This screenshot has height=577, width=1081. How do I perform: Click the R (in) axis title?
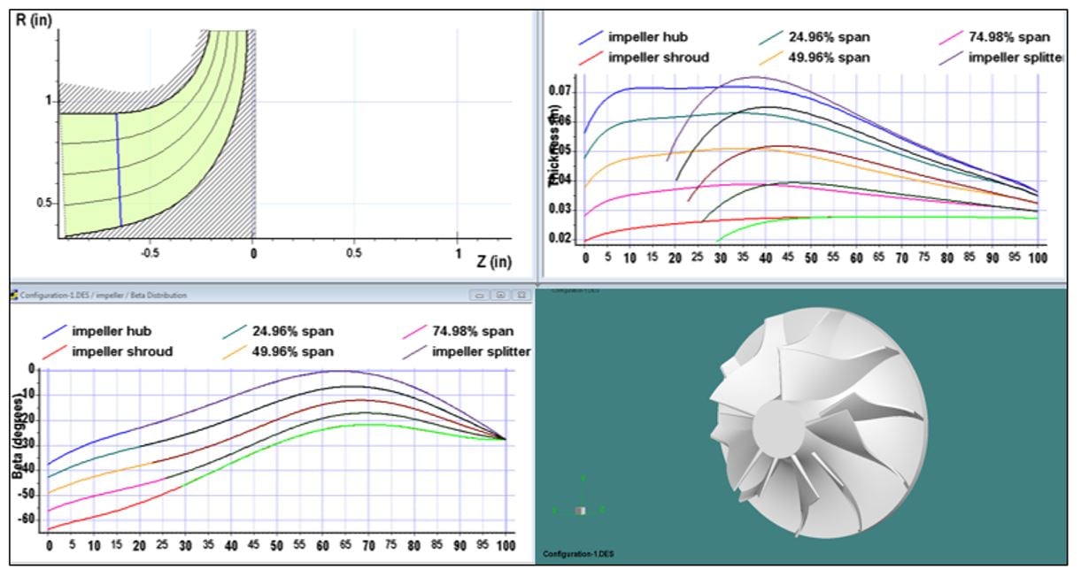(x=35, y=19)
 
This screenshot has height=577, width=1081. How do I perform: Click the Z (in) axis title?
(x=494, y=261)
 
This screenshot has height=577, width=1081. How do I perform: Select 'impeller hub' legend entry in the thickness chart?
(x=647, y=37)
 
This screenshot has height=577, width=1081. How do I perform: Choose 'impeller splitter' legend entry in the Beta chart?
(x=481, y=351)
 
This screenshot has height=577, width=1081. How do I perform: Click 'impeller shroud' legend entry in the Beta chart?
(x=122, y=351)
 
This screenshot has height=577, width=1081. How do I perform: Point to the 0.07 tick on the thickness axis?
(x=560, y=91)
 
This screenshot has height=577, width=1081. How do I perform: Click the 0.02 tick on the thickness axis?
(x=560, y=238)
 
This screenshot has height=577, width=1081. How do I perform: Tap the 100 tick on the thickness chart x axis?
(x=1037, y=258)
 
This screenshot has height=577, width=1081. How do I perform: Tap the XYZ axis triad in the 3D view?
(x=580, y=508)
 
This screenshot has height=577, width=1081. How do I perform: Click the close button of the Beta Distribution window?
(x=522, y=295)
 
